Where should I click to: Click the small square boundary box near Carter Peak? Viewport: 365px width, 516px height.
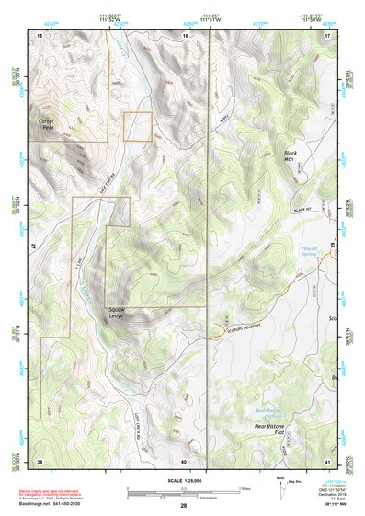137,126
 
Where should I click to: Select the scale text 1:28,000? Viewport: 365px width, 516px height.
183,481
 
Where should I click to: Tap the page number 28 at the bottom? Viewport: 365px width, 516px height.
183,506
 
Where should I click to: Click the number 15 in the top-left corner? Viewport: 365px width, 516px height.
40,34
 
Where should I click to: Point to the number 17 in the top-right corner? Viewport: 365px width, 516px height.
327,34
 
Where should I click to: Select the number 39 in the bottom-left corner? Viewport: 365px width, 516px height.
40,461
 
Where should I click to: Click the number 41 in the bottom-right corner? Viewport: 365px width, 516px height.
327,461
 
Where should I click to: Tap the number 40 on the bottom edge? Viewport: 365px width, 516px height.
184,461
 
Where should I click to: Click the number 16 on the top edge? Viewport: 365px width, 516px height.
184,34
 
